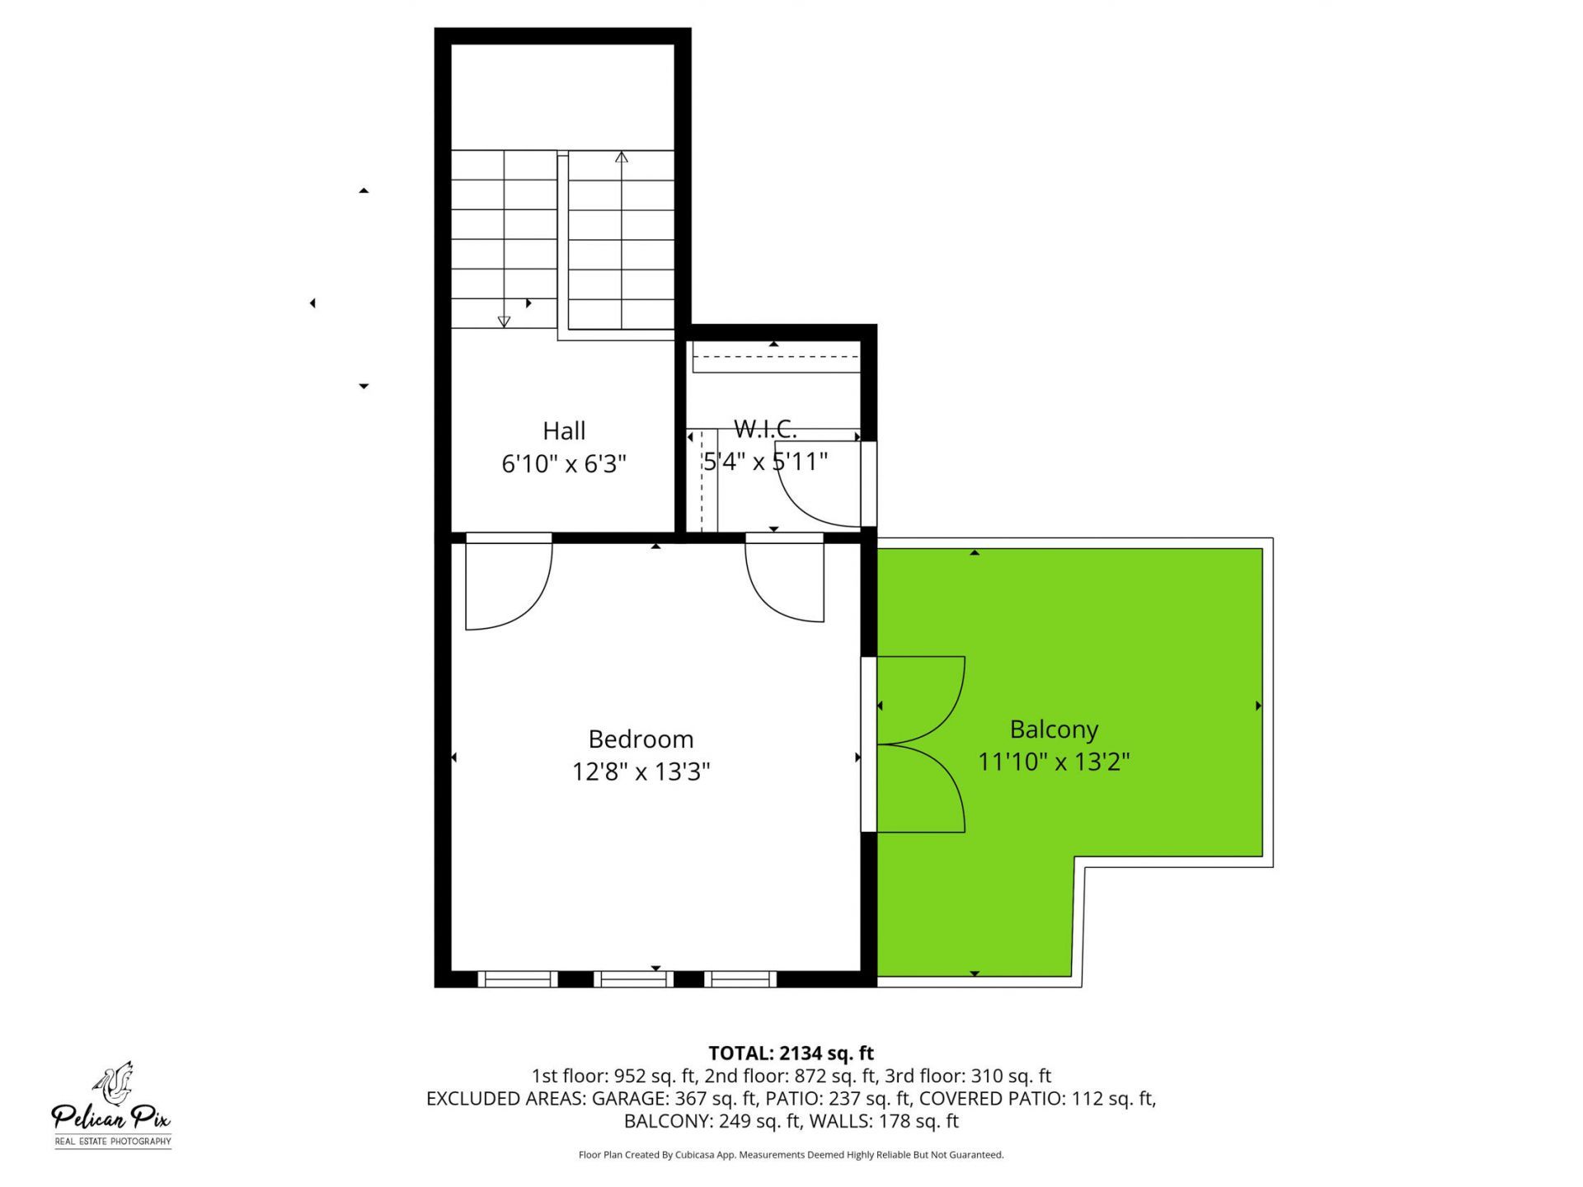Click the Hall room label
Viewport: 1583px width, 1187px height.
564,431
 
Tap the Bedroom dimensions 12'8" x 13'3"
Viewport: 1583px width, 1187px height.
641,772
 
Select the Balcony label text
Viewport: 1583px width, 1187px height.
1054,730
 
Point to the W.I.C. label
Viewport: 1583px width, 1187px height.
765,429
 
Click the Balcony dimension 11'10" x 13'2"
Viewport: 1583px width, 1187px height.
1054,762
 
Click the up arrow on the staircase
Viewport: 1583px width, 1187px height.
622,157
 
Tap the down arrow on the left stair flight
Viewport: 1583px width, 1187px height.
504,321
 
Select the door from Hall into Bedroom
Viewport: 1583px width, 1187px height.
508,581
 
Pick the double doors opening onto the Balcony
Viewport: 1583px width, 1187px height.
915,744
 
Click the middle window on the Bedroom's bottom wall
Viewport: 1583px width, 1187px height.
633,979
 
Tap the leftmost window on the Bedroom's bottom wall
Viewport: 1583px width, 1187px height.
518,979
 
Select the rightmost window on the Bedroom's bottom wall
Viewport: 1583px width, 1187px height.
740,979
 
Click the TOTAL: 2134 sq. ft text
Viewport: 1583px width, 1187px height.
791,1053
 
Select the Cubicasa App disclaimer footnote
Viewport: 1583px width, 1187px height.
791,1155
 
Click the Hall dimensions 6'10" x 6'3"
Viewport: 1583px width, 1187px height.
564,464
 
